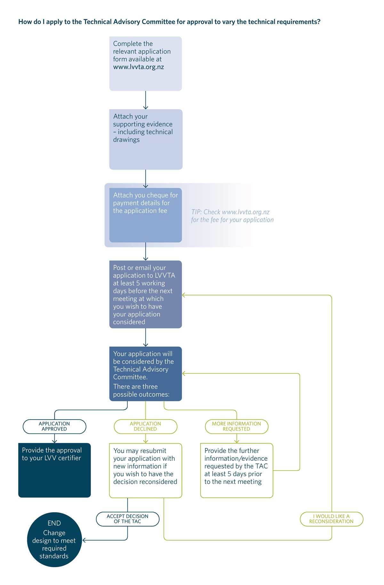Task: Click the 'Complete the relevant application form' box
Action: (146, 64)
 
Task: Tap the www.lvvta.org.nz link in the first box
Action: (139, 67)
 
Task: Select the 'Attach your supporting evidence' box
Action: (146, 140)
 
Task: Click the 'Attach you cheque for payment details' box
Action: (146, 215)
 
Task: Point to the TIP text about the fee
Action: (232, 216)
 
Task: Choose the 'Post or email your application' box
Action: (146, 294)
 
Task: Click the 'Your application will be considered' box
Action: (146, 374)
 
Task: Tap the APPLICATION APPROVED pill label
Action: (54, 427)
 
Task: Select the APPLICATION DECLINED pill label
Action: (146, 427)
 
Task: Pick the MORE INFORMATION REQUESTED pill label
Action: (236, 427)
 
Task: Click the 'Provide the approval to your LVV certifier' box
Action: (54, 470)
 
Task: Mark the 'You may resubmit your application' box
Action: (146, 470)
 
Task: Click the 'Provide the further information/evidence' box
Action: (237, 470)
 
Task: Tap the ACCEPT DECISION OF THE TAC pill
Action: (128, 519)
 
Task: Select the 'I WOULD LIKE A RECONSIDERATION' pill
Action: (332, 519)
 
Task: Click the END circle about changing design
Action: (54, 540)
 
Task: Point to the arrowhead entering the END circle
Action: (84, 540)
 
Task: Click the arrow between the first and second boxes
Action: (146, 100)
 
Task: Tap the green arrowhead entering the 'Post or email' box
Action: (184, 295)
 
